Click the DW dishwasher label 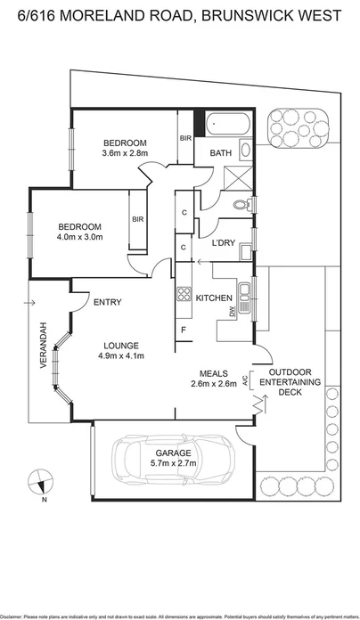[x=234, y=311]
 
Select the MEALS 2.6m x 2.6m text [x=214, y=379]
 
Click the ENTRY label [x=108, y=303]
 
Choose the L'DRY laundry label [x=223, y=242]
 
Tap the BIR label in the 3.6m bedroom [x=185, y=139]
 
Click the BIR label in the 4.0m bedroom [x=138, y=219]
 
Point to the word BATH [x=220, y=153]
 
